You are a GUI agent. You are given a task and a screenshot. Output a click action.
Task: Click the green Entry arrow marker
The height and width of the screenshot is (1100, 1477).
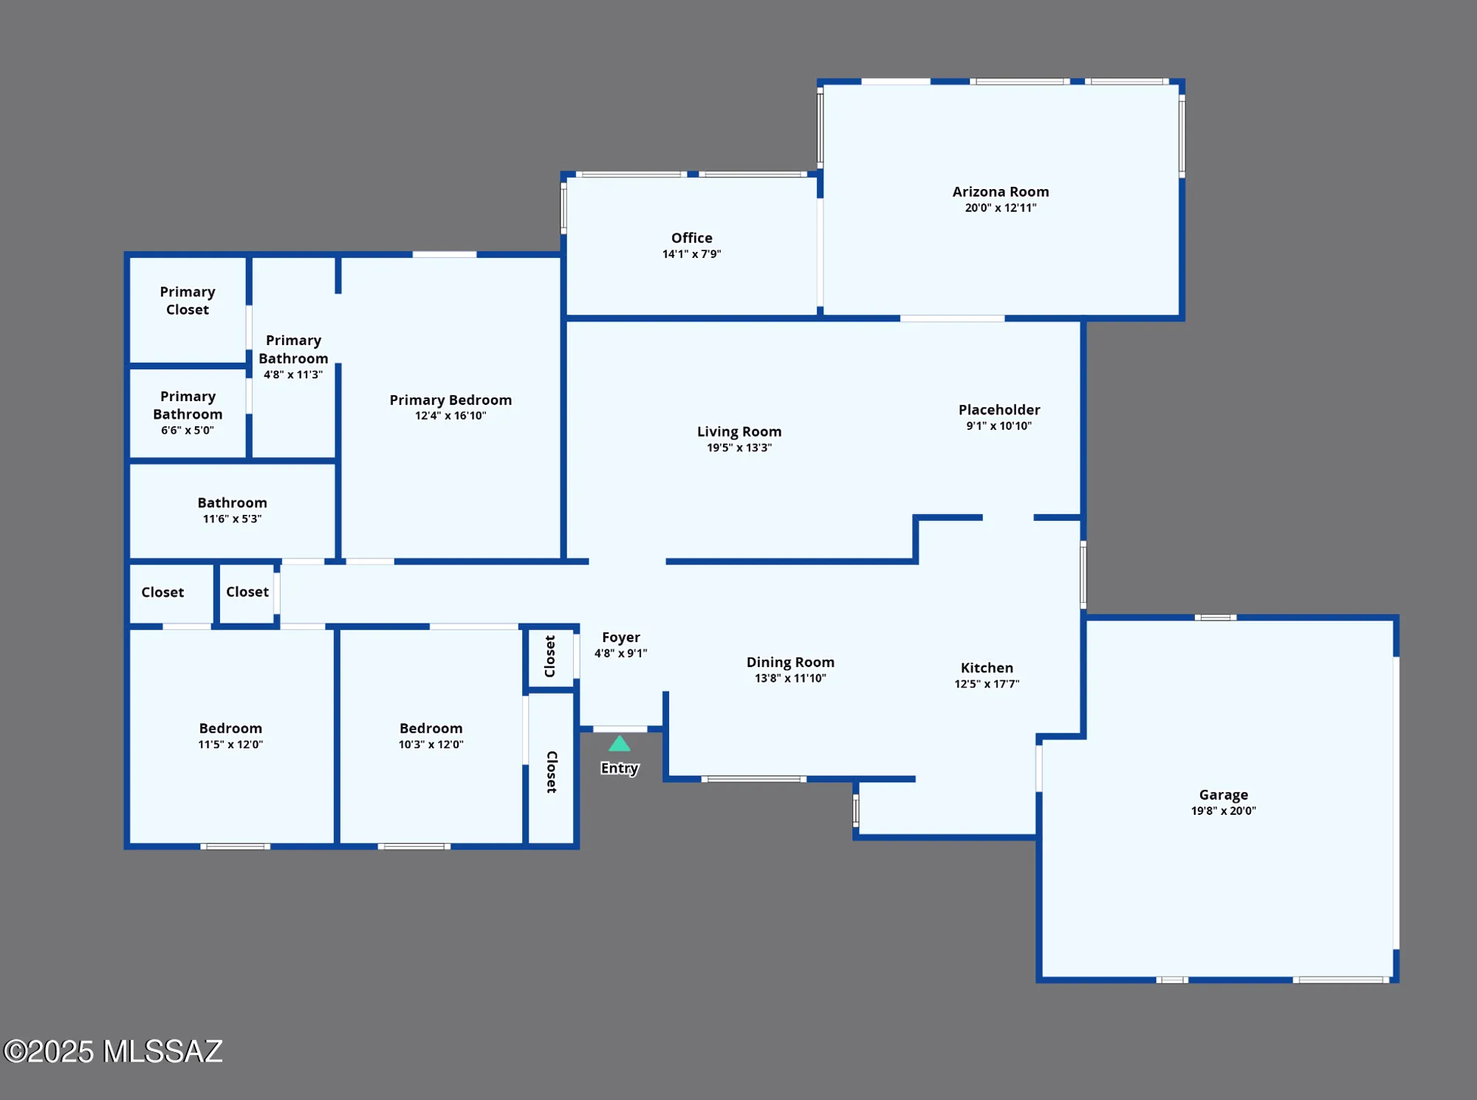point(620,744)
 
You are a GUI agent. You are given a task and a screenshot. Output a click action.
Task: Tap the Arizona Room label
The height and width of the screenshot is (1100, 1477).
point(1001,191)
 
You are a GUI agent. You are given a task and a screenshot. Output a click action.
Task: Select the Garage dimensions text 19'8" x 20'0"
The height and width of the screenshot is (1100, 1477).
point(1223,810)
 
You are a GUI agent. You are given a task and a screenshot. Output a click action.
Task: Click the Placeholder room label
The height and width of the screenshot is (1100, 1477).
point(999,409)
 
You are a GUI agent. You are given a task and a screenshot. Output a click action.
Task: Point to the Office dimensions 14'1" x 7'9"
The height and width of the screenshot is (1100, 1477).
point(691,254)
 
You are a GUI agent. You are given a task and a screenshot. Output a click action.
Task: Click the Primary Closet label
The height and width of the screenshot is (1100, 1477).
point(188,301)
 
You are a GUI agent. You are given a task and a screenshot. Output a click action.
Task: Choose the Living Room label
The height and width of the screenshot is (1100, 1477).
point(739,431)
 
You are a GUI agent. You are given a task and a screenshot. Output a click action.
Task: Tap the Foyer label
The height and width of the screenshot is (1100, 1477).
point(620,637)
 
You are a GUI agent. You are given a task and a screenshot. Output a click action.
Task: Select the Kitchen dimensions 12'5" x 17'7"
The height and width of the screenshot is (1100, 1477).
point(987,684)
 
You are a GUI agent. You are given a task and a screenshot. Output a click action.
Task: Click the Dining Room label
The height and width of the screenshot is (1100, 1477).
point(790,662)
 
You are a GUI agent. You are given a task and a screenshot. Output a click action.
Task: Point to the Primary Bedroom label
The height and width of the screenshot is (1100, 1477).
point(450,400)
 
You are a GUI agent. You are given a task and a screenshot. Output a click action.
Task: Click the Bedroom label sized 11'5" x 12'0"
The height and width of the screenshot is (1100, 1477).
point(230,728)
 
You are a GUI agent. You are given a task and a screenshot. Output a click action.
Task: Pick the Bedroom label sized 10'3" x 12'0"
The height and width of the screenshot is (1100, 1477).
point(431,728)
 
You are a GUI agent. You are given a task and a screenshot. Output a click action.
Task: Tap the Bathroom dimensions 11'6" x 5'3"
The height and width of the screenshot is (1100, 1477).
point(232,519)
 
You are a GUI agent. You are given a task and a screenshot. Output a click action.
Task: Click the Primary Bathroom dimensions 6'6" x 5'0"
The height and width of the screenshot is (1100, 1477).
point(188,430)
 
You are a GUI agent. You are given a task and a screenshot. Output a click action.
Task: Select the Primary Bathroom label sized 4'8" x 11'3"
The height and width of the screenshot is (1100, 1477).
point(293,349)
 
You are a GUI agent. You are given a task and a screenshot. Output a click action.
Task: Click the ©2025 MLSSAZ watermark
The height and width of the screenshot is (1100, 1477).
point(113,1051)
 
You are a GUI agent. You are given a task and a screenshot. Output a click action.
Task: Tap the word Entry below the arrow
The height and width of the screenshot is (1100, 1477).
point(620,768)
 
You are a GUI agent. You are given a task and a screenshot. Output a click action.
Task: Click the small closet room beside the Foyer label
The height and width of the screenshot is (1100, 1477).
point(550,657)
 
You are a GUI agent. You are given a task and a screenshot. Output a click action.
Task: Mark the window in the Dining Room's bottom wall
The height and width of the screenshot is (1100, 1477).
point(753,779)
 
